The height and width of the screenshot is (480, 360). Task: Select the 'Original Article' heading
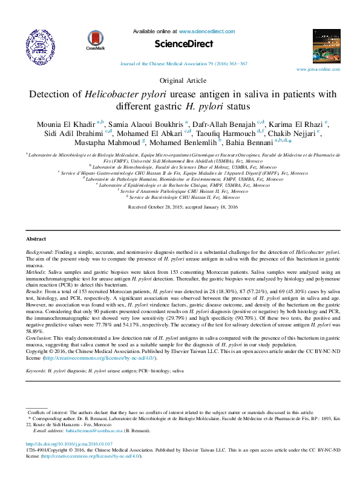point(180,80)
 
